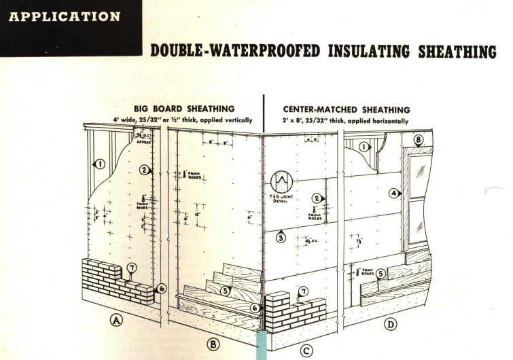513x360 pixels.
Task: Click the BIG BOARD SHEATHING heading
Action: click(193, 108)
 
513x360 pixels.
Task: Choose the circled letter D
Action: click(391, 325)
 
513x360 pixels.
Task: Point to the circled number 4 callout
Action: click(393, 192)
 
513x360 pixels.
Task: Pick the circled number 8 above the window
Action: click(419, 141)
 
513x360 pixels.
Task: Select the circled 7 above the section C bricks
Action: click(303, 291)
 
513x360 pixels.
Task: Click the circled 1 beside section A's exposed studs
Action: click(99, 163)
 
